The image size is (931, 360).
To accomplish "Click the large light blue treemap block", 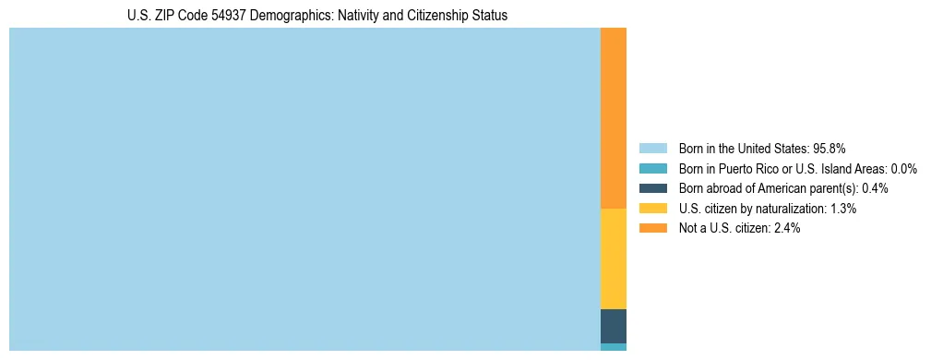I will (304, 189).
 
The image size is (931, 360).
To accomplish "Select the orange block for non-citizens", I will (614, 118).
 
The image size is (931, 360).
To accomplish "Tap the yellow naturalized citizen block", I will (614, 258).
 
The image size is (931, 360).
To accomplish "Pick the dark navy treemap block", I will (614, 326).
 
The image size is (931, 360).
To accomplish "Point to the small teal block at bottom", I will (614, 347).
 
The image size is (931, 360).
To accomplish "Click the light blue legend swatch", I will (652, 148).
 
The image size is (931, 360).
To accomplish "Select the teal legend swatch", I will (652, 168).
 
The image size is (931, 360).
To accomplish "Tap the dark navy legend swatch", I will (652, 188).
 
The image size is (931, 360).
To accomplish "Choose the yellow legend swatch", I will (652, 209).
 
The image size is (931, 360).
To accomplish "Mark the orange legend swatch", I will (652, 229).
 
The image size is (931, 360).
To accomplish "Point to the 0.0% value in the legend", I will (903, 168).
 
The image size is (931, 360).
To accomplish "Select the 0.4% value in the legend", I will (875, 188).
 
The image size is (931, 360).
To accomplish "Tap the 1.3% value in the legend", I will (842, 209).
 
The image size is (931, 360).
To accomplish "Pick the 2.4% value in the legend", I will (787, 229).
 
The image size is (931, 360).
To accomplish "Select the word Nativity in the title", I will (352, 16).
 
